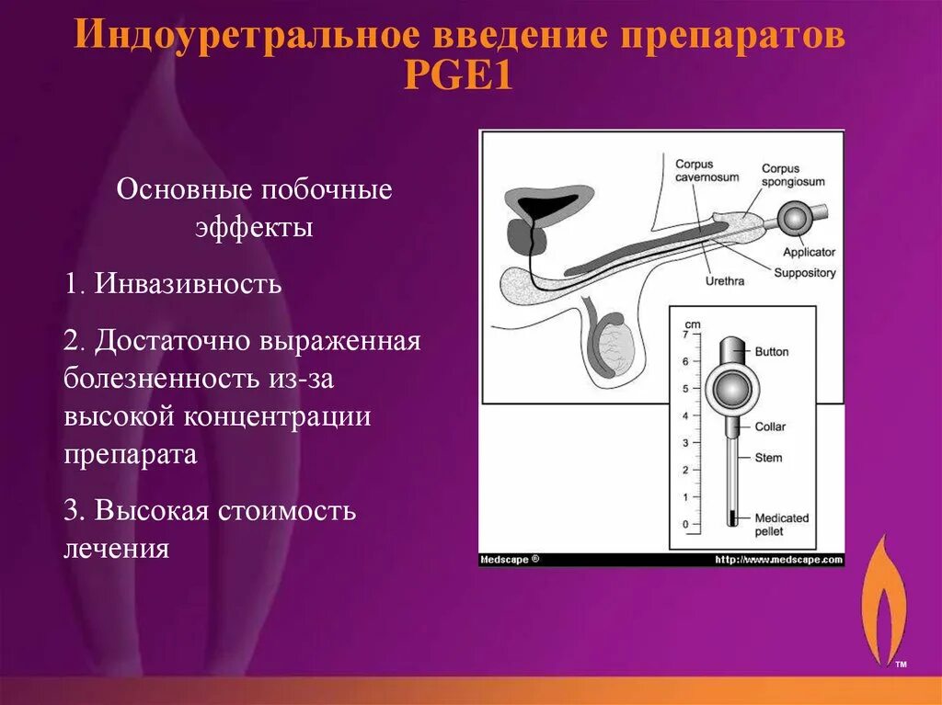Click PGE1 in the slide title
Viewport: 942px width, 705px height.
457,74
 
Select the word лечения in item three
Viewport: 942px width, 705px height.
117,549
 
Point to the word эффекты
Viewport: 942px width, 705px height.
254,227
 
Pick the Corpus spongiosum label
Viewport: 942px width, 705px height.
793,175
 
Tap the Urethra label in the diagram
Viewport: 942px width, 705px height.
725,281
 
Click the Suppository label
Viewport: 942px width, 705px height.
805,273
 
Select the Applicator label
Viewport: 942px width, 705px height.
809,252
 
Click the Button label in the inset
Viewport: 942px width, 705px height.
771,351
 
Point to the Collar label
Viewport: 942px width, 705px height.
770,427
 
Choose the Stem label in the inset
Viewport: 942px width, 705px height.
768,457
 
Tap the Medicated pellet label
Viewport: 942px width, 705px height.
781,524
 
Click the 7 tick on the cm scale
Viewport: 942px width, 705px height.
684,335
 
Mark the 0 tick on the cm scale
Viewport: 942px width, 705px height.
684,525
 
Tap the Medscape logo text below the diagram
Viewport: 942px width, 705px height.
508,560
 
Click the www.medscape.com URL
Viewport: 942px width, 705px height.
778,560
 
